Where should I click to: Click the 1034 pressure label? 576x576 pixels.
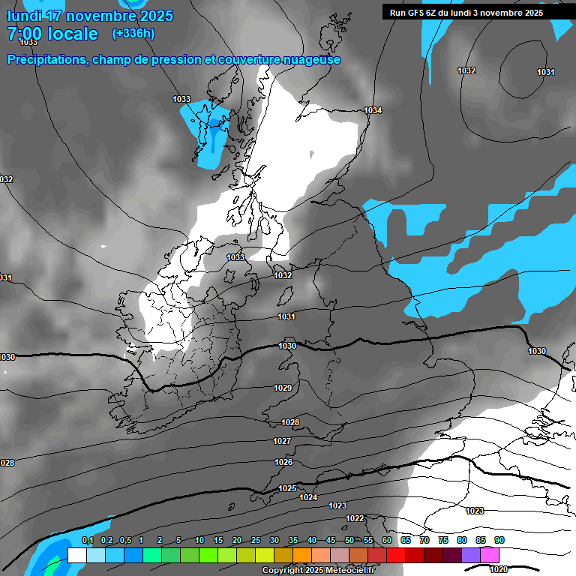(x=373, y=110)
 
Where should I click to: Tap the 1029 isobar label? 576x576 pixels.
(x=283, y=388)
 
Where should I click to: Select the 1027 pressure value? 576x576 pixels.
(x=282, y=441)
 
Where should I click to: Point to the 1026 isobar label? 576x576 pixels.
(x=283, y=462)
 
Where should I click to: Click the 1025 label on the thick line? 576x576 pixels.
(x=287, y=488)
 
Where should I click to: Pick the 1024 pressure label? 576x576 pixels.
(x=308, y=497)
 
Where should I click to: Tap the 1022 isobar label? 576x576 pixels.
(x=355, y=518)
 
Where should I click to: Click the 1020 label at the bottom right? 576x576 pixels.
(x=498, y=568)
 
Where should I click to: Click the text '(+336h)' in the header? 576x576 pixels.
(x=133, y=34)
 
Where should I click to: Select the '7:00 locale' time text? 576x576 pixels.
(x=52, y=34)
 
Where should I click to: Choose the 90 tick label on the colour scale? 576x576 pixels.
(x=499, y=540)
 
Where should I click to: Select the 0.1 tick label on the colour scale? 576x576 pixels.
(x=87, y=540)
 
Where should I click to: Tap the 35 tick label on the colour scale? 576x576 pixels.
(x=293, y=540)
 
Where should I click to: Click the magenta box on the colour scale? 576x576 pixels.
(x=490, y=555)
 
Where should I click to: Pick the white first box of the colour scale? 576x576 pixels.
(x=76, y=555)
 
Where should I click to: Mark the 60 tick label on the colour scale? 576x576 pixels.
(x=387, y=540)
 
